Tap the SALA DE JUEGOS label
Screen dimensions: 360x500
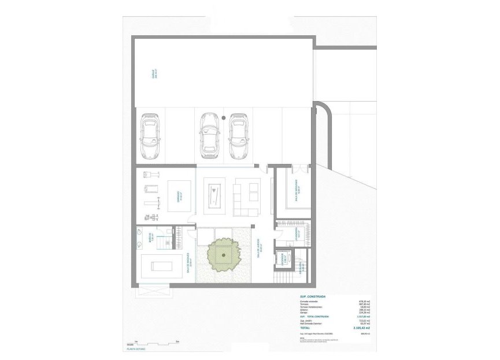pos(261,249)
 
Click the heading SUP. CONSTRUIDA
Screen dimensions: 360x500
pos(313,296)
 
